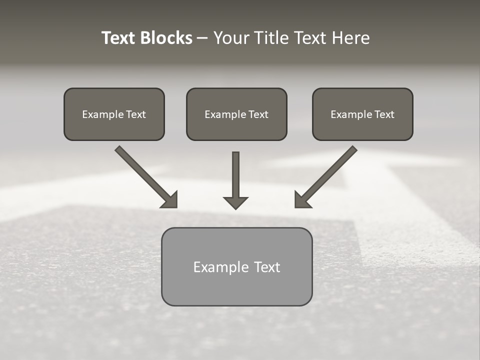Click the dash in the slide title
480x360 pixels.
[x=202, y=38]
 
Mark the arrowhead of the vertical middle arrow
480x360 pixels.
[x=236, y=202]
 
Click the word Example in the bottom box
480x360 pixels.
[x=214, y=267]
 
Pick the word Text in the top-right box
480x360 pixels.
[x=384, y=114]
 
